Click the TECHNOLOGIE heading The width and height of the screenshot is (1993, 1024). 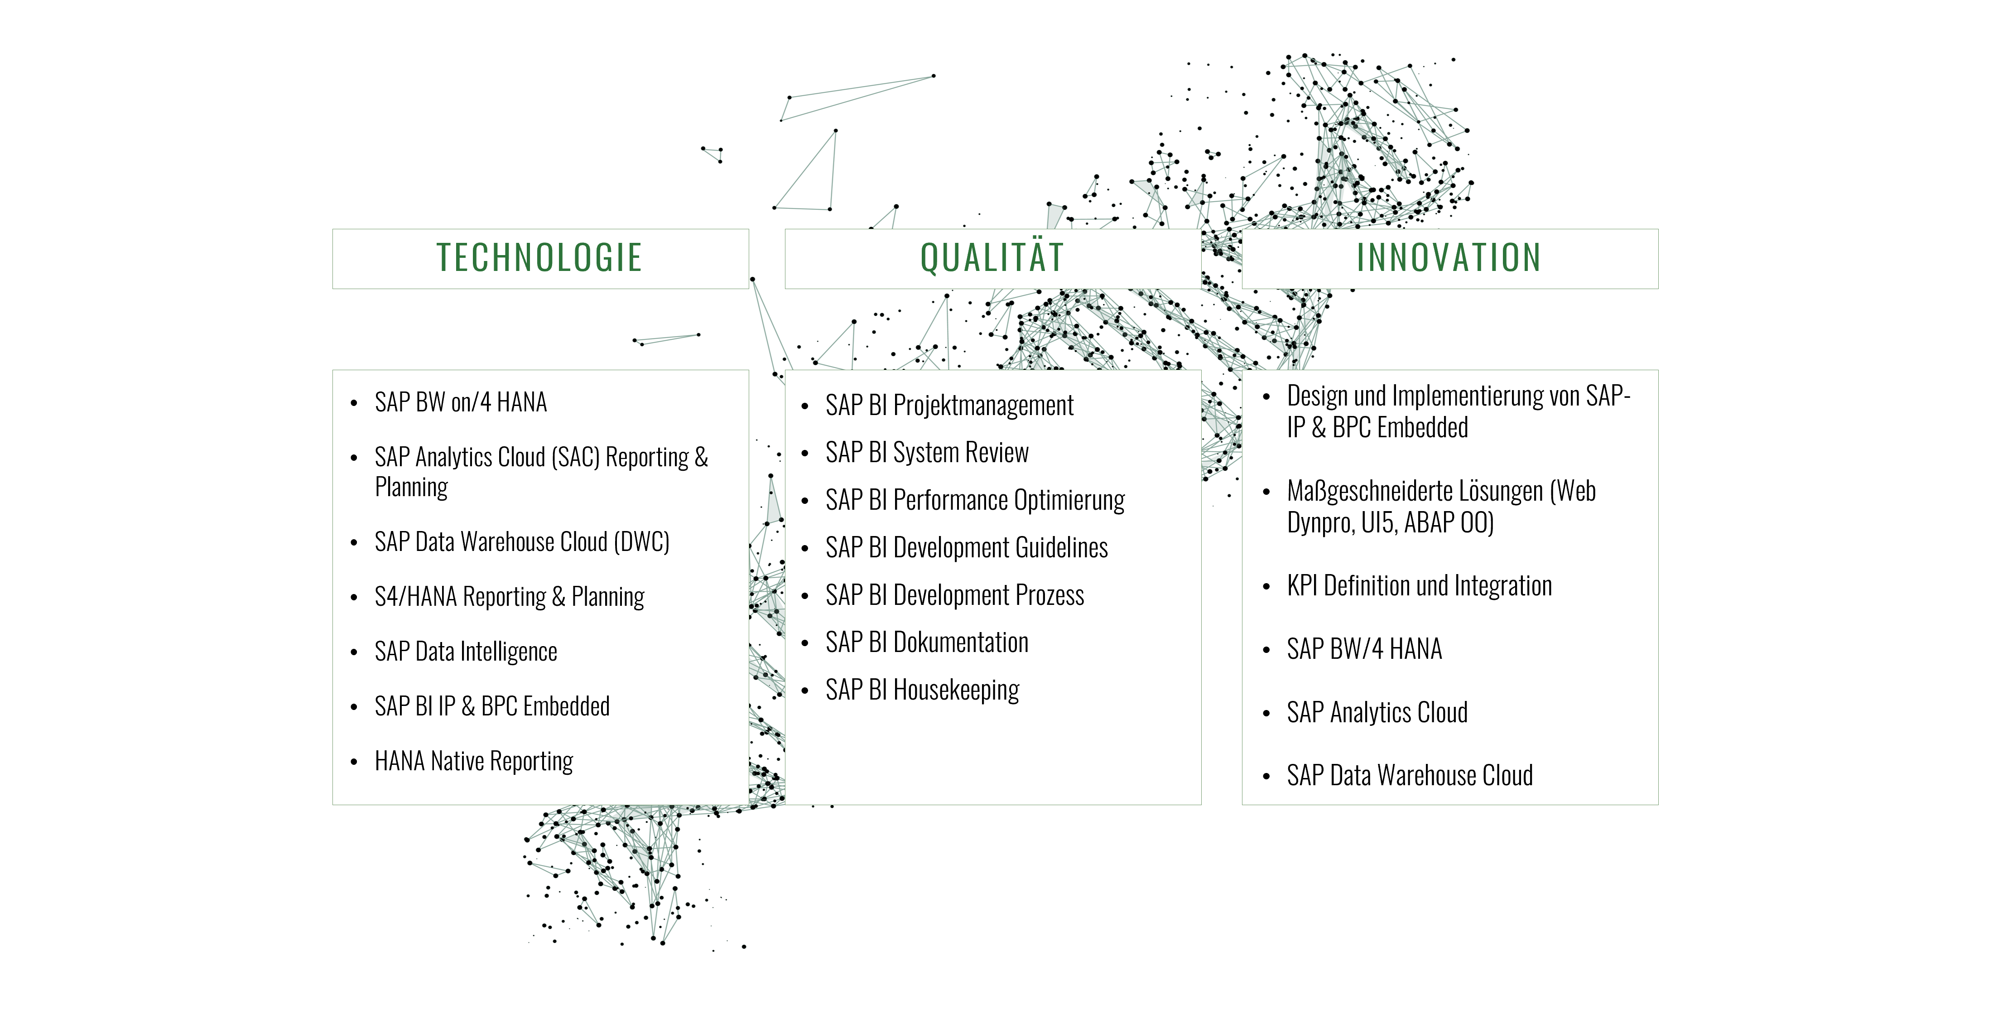pyautogui.click(x=539, y=258)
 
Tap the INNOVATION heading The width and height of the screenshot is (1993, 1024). pyautogui.click(x=1449, y=258)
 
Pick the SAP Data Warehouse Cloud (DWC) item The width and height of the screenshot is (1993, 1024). pyautogui.click(x=522, y=542)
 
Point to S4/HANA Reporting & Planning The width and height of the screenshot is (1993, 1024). pyautogui.click(x=509, y=597)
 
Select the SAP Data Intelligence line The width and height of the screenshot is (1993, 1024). pyautogui.click(x=466, y=652)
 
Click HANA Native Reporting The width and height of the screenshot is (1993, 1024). pyautogui.click(x=473, y=762)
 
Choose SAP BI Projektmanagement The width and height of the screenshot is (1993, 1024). pyautogui.click(x=949, y=406)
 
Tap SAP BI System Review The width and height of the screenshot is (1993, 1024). pyautogui.click(x=927, y=453)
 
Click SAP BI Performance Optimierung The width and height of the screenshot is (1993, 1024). pyautogui.click(x=975, y=501)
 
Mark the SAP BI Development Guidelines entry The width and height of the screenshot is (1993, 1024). pyautogui.click(x=966, y=548)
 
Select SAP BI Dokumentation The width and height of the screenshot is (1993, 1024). pyautogui.click(x=927, y=642)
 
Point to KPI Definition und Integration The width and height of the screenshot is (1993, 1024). pyautogui.click(x=1420, y=586)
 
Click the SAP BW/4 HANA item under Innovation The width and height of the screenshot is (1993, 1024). pyautogui.click(x=1365, y=649)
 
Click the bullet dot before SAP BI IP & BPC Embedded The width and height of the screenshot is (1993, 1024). pyautogui.click(x=354, y=707)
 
